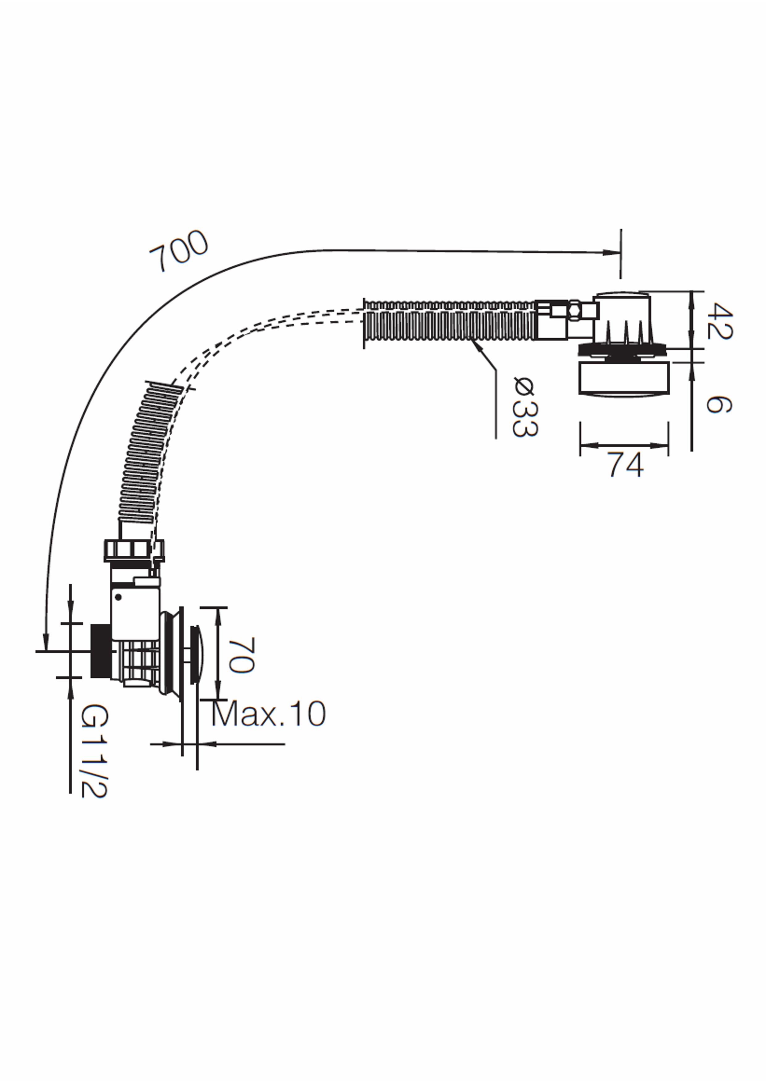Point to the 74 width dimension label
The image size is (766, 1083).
click(x=626, y=465)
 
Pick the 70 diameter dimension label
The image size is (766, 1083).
click(x=242, y=655)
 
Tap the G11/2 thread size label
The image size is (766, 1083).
click(x=94, y=751)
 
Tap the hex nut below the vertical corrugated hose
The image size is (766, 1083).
click(x=134, y=550)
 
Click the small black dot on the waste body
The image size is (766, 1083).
click(x=118, y=597)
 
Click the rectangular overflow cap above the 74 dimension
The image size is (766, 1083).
click(x=624, y=379)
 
